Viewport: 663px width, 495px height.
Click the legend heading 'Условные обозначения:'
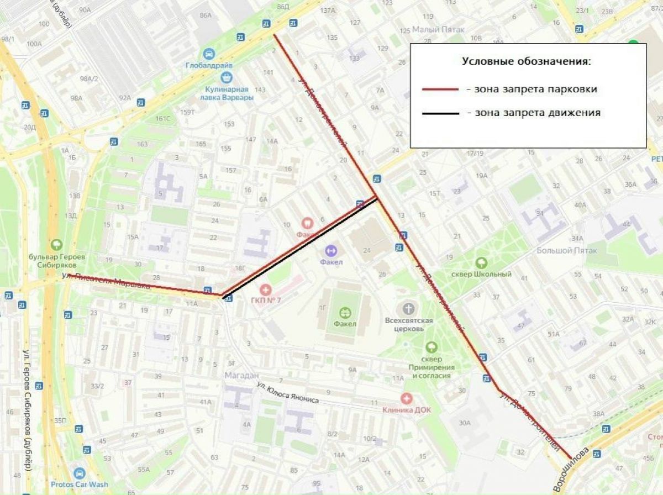pyautogui.click(x=526, y=61)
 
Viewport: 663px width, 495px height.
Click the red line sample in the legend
pyautogui.click(x=440, y=89)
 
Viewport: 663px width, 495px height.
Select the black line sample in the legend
pyautogui.click(x=440, y=113)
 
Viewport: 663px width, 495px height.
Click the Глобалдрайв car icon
pyautogui.click(x=209, y=54)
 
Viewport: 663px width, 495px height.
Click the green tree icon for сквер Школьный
pyautogui.click(x=481, y=262)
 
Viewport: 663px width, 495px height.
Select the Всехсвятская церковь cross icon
pyautogui.click(x=408, y=308)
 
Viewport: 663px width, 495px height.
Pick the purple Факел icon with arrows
pyautogui.click(x=331, y=250)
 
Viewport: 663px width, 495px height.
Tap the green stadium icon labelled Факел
pyautogui.click(x=345, y=312)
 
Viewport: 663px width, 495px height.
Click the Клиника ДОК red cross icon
pyautogui.click(x=407, y=398)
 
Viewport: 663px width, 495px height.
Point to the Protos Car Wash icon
pyautogui.click(x=80, y=473)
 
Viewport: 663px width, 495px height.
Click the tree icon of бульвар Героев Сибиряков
pyautogui.click(x=56, y=244)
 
